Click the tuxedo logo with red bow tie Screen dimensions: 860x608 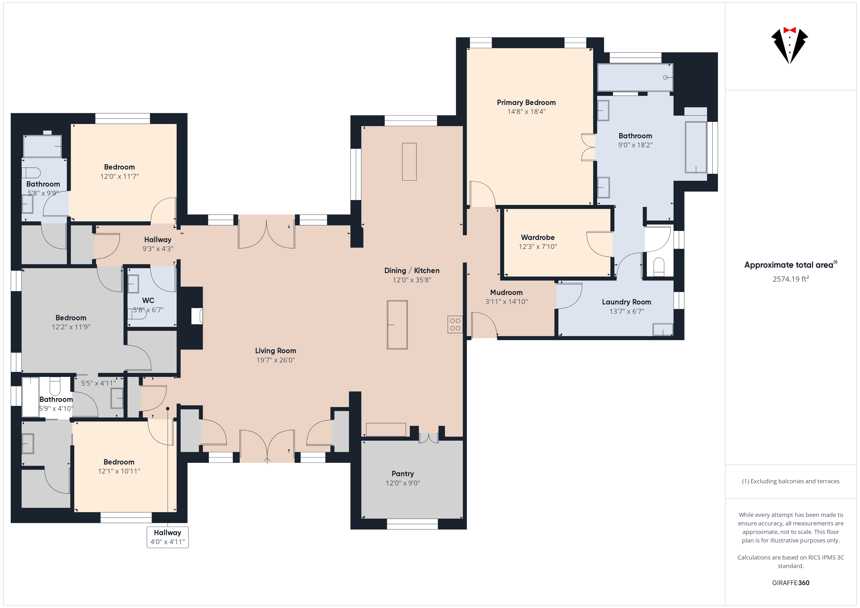tap(789, 45)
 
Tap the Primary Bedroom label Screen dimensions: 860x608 tap(526, 103)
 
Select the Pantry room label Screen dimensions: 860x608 tap(403, 474)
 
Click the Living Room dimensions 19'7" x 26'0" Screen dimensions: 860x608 tap(276, 360)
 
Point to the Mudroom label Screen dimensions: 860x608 tap(506, 292)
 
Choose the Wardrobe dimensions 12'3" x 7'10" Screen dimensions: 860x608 tap(538, 247)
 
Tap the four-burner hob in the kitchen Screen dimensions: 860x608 tap(455, 325)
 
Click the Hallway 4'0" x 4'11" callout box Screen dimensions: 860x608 tap(167, 537)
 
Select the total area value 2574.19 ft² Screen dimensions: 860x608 tap(791, 279)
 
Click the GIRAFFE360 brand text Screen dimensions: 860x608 tap(791, 583)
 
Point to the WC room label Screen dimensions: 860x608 tap(148, 301)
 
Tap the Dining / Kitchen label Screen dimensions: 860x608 tap(412, 271)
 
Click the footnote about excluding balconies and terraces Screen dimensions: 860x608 tap(791, 482)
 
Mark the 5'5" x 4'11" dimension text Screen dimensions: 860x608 tap(98, 383)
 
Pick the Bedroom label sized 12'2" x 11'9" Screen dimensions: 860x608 tap(71, 318)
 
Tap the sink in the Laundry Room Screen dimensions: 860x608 tap(663, 330)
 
